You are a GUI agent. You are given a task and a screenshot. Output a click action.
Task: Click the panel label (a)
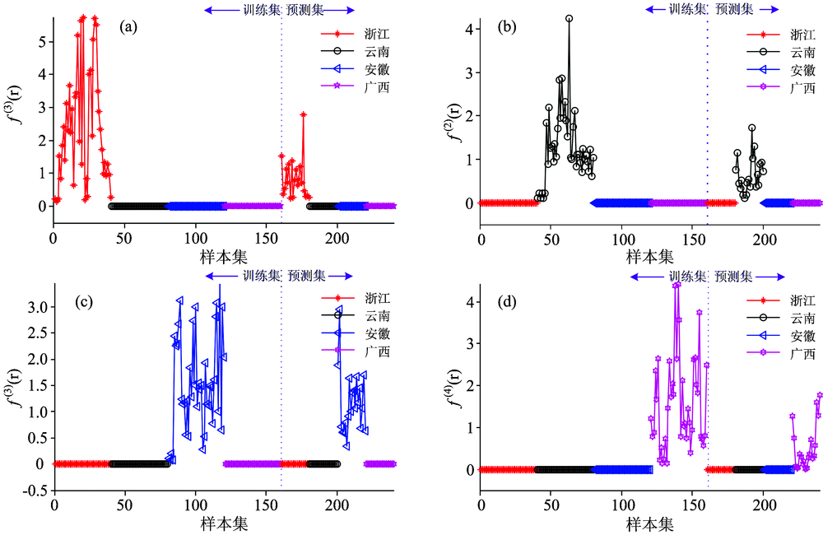coord(128,26)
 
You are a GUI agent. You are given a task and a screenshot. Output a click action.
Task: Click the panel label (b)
coord(509,26)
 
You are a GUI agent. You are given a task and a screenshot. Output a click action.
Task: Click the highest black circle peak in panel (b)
coord(569,18)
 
